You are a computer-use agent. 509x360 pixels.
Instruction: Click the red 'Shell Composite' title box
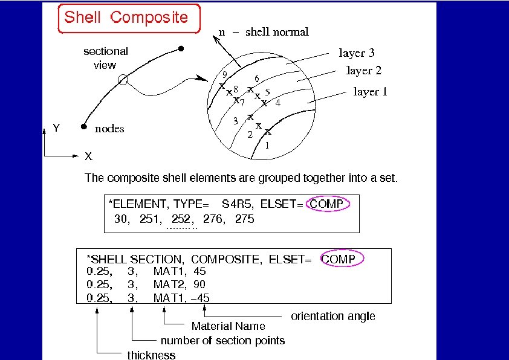[x=126, y=18]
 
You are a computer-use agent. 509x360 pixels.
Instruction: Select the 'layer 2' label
[x=363, y=71]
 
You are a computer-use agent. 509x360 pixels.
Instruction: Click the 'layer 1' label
[x=370, y=92]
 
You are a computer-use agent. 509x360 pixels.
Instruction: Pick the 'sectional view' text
[x=105, y=58]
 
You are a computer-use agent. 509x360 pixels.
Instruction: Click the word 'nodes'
[x=109, y=129]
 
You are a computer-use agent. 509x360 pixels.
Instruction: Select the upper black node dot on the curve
[x=181, y=48]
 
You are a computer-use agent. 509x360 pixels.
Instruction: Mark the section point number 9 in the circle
[x=224, y=74]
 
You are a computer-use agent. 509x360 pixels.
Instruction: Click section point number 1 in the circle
[x=267, y=146]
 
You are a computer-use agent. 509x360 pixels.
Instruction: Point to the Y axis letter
[x=56, y=128]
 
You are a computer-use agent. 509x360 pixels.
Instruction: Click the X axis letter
[x=88, y=156]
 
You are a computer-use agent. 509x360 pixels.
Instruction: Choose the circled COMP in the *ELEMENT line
[x=326, y=204]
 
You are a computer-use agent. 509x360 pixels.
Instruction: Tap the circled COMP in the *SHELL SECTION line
[x=342, y=259]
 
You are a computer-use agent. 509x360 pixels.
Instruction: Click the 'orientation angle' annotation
[x=333, y=316]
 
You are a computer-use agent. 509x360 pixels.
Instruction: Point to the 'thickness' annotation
[x=151, y=355]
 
